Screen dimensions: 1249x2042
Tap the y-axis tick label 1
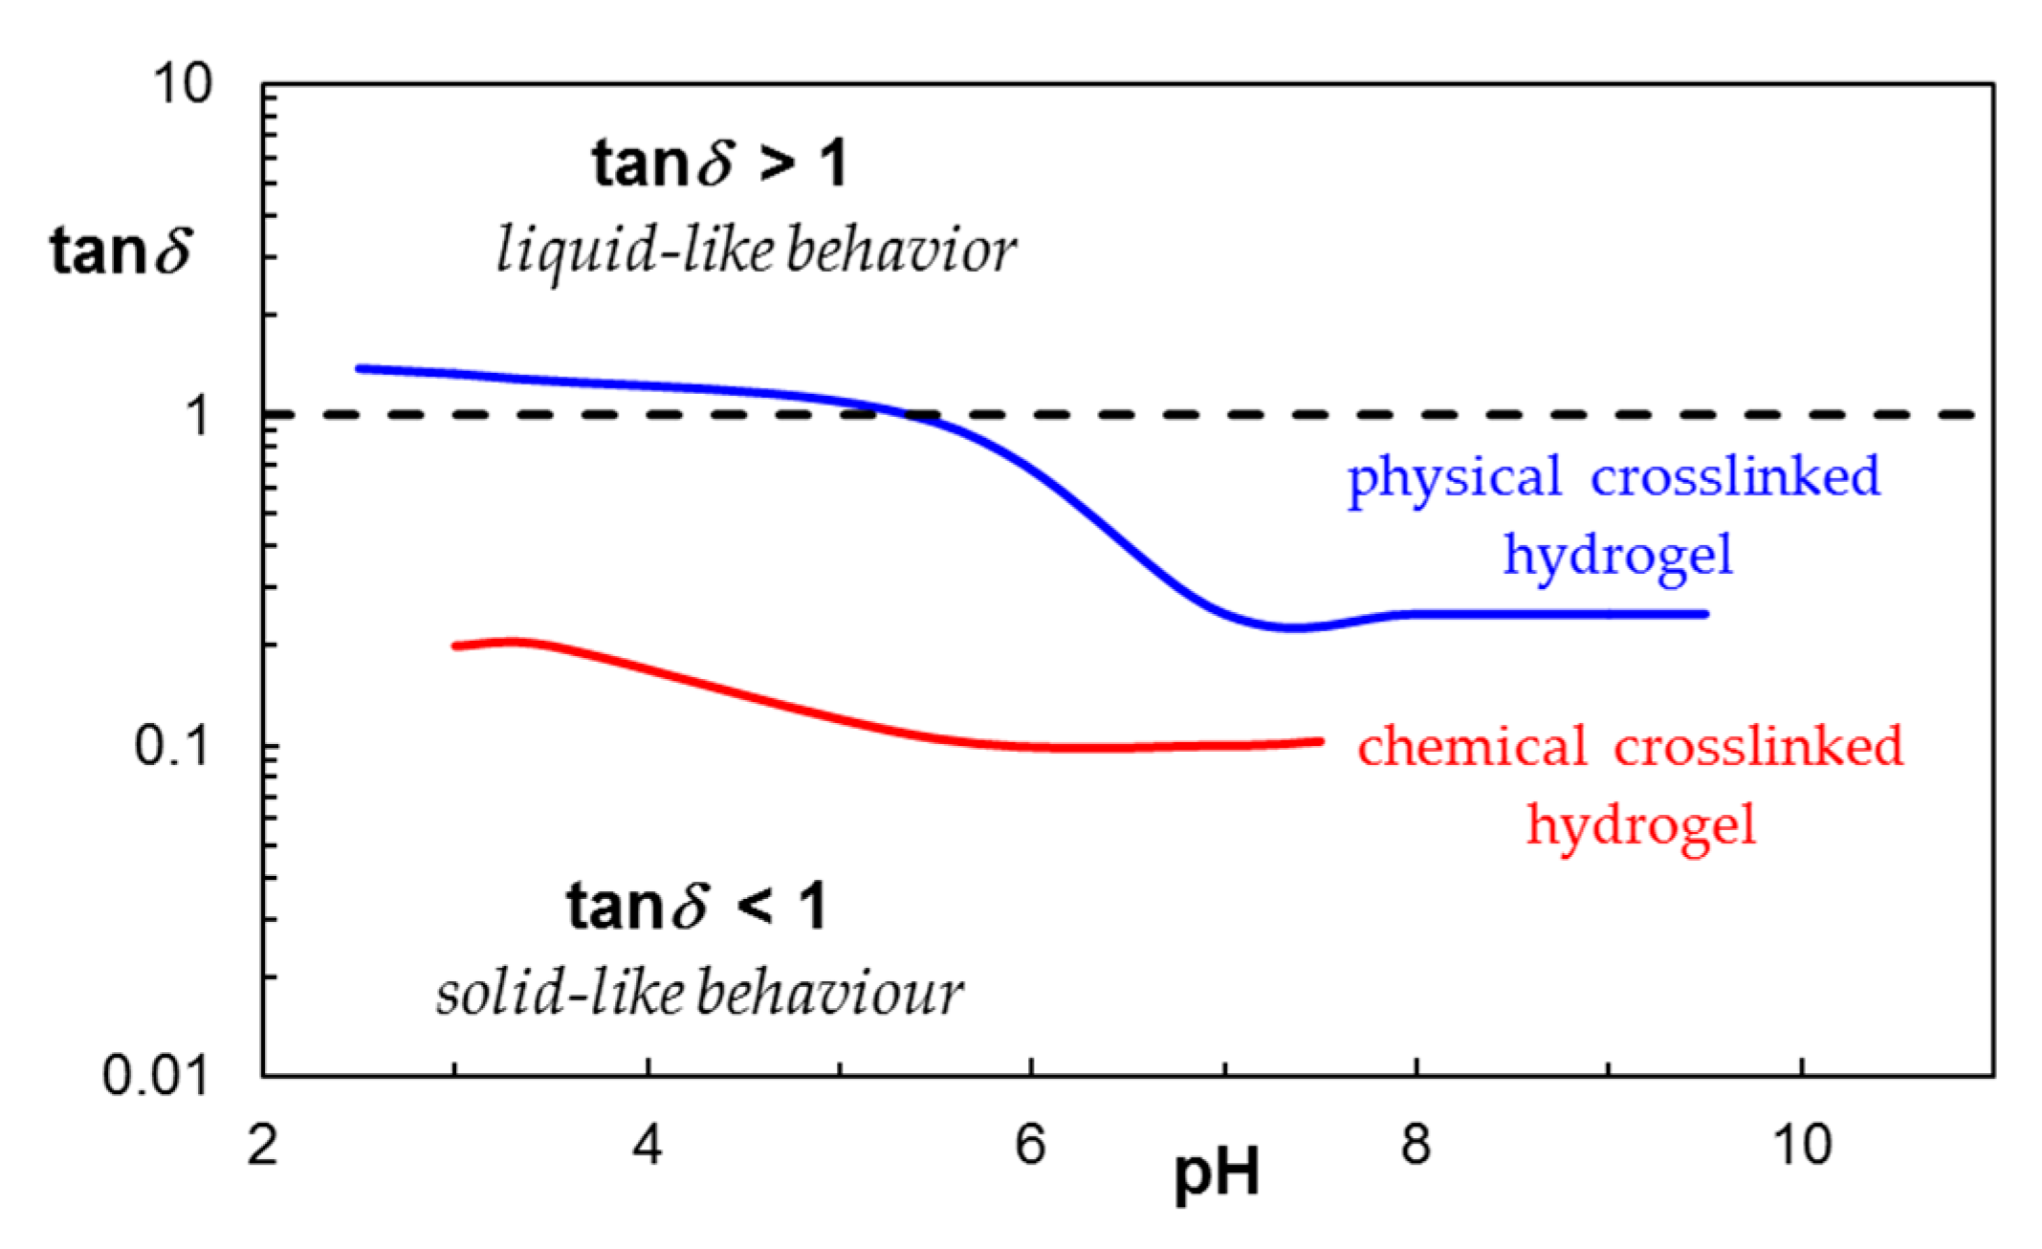[x=197, y=415]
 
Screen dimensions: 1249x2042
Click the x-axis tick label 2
[x=262, y=1145]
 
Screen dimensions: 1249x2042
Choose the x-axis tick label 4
[x=648, y=1145]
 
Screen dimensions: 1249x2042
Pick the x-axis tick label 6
[x=1030, y=1145]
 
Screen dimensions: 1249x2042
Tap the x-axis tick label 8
[x=1416, y=1145]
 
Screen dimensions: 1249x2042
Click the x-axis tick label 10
[x=1802, y=1145]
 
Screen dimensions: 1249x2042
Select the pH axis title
[x=1216, y=1174]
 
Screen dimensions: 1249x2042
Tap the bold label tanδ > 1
[x=719, y=164]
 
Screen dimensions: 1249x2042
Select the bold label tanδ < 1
[x=696, y=907]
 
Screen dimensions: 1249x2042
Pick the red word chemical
[x=1471, y=747]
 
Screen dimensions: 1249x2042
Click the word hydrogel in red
[x=1641, y=824]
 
